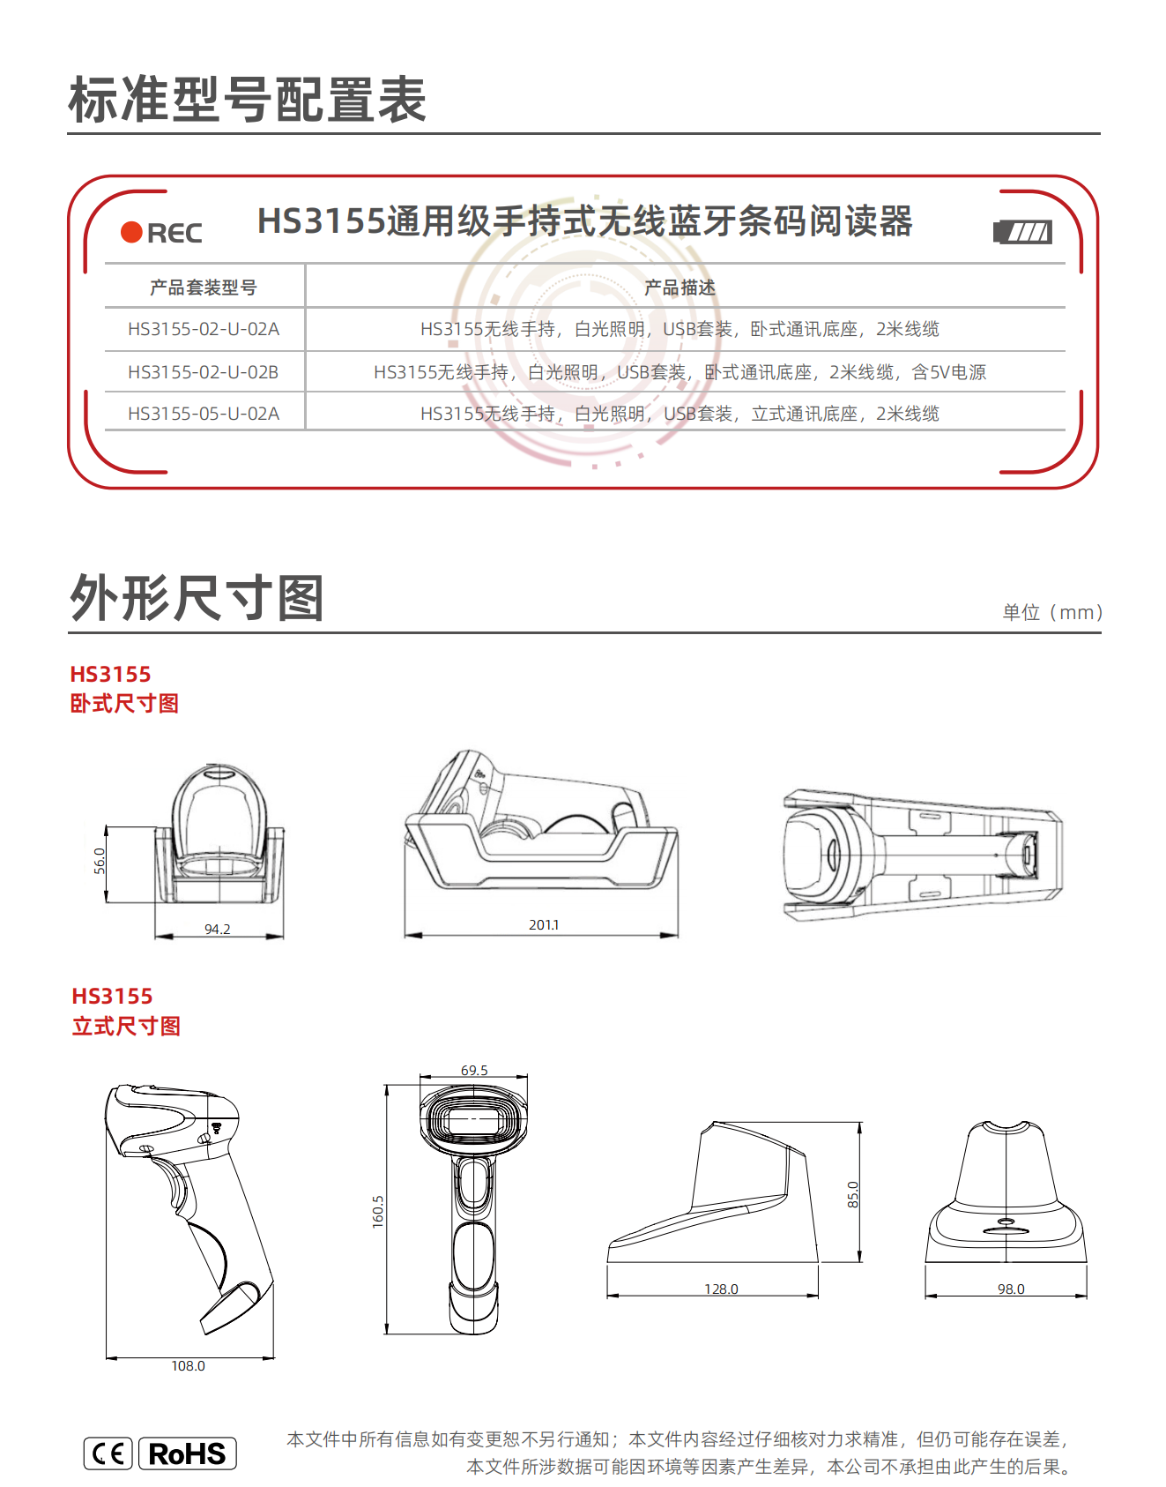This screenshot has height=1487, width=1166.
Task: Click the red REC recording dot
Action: (131, 232)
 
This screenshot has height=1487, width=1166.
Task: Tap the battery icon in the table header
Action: (1022, 232)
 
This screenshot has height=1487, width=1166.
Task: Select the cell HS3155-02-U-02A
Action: (204, 329)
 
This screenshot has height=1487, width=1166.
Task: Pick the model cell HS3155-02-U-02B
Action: (204, 372)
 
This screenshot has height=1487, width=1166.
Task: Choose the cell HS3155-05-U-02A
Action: (204, 414)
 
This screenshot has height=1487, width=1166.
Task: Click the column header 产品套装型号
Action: (204, 288)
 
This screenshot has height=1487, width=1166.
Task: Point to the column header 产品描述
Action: (680, 288)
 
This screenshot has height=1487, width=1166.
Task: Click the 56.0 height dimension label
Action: (100, 861)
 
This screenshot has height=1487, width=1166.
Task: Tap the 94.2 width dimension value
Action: (218, 930)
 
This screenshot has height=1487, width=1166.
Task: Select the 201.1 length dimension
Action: (544, 925)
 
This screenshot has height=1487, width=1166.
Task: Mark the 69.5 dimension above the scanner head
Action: (474, 1070)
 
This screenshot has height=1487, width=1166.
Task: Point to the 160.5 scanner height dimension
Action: (378, 1212)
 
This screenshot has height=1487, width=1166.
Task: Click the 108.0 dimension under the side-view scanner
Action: (188, 1366)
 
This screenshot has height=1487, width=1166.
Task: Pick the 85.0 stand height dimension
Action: (853, 1195)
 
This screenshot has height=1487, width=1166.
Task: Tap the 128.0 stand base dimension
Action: (721, 1289)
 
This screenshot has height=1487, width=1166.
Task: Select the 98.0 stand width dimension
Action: (1011, 1289)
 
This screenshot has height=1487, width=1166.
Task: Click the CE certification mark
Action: (108, 1453)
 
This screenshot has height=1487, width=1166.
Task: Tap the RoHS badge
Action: (188, 1453)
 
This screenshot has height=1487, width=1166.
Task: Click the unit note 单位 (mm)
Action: (1052, 612)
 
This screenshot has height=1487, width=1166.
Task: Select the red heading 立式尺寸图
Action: (126, 1027)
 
